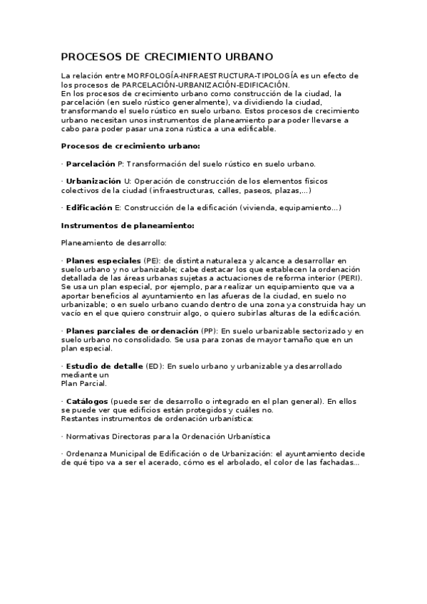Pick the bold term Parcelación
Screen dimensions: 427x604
[90, 164]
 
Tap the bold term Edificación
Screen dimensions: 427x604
[89, 208]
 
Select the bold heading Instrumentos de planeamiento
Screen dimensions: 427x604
[128, 226]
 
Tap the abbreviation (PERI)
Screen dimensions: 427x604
[349, 278]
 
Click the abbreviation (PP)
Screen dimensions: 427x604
[209, 331]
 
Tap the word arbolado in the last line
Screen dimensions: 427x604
[247, 463]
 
